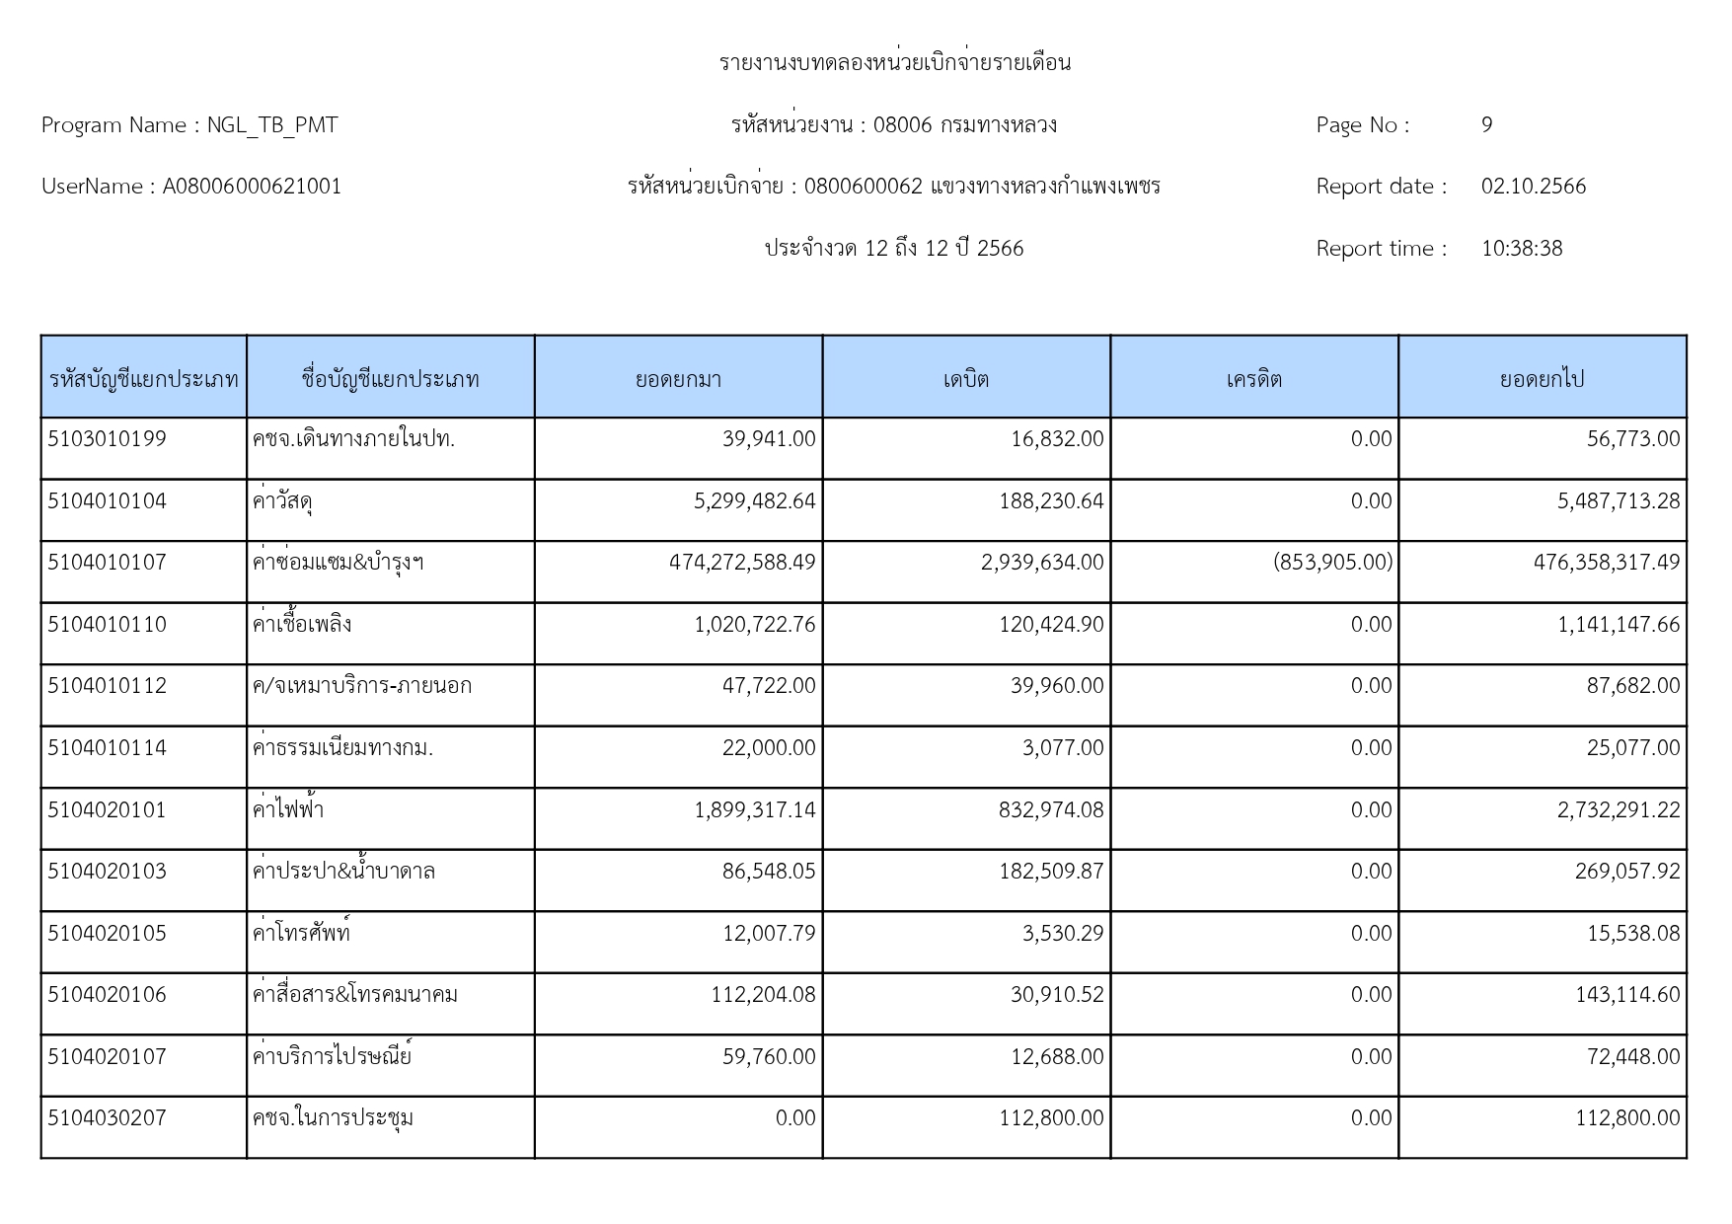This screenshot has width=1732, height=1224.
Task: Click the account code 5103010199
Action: (x=108, y=439)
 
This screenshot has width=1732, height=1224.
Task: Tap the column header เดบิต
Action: (x=965, y=379)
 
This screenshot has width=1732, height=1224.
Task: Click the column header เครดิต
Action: (x=1253, y=379)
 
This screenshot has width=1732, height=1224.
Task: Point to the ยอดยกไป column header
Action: (x=1542, y=379)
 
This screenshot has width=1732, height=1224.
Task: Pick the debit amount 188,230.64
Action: (x=1051, y=501)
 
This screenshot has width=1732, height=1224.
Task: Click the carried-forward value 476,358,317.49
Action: (x=1606, y=563)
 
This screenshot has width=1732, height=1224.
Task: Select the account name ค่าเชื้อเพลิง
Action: (x=302, y=625)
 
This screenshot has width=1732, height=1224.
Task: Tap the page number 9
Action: (x=1486, y=125)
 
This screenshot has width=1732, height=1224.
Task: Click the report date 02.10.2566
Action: (x=1533, y=187)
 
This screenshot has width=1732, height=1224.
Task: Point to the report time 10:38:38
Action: (x=1521, y=249)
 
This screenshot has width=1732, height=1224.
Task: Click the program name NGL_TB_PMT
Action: (x=271, y=125)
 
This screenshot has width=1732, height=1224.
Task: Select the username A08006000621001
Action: (x=252, y=187)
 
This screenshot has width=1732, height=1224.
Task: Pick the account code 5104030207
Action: (x=108, y=1118)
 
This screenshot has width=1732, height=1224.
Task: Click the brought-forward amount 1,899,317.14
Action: (x=755, y=810)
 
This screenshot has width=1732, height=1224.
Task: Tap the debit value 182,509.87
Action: (x=1051, y=872)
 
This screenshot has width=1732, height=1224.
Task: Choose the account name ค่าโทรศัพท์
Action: (x=302, y=934)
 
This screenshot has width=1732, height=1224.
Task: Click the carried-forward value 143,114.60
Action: (x=1626, y=995)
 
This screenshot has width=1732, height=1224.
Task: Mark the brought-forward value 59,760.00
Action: (x=769, y=1057)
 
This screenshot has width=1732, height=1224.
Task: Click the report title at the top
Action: (x=894, y=63)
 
